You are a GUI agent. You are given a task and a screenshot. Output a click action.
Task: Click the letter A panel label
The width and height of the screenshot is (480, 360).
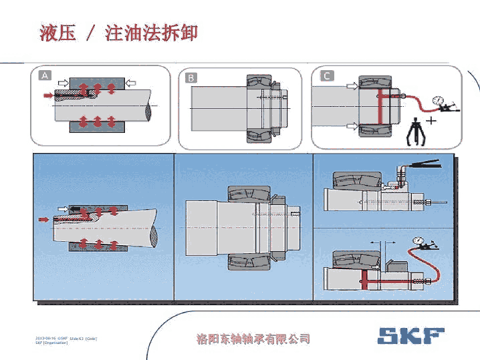pyautogui.click(x=45, y=75)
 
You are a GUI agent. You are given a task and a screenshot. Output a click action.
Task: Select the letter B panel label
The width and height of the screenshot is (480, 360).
pyautogui.click(x=191, y=77)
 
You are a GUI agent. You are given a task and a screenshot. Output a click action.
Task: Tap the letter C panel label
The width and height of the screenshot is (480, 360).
pyautogui.click(x=326, y=75)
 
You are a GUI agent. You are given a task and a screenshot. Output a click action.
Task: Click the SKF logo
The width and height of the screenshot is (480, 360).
pyautogui.click(x=410, y=335)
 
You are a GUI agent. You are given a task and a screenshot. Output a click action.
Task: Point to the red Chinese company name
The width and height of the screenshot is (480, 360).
pyautogui.click(x=253, y=339)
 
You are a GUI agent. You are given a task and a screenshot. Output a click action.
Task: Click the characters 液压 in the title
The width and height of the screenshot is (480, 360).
pyautogui.click(x=57, y=33)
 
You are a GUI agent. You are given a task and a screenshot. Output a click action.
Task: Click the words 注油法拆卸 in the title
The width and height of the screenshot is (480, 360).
pyautogui.click(x=151, y=33)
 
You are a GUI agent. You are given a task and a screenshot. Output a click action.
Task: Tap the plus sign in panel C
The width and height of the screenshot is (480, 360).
pyautogui.click(x=431, y=121)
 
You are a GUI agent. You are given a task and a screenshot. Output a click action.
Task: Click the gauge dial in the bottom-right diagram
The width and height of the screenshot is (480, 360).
pyautogui.click(x=421, y=240)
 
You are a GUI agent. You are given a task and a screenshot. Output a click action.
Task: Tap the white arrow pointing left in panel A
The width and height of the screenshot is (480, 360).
pyautogui.click(x=131, y=82)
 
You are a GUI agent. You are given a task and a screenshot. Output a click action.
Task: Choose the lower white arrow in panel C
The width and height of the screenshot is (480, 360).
pyautogui.click(x=352, y=125)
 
